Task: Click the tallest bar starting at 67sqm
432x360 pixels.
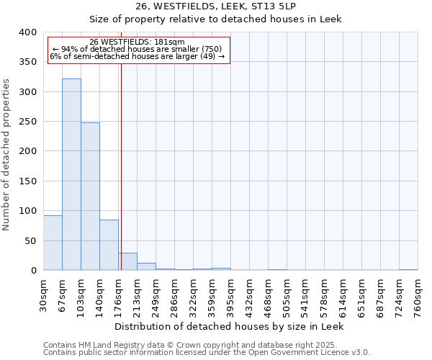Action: [x=71, y=174]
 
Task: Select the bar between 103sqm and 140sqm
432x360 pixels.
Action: [x=90, y=197]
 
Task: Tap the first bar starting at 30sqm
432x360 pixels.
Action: [x=53, y=243]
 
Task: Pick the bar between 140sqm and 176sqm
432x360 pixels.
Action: [x=109, y=245]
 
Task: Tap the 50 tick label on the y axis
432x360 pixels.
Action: [x=31, y=240]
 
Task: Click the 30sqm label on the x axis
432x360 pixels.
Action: [x=44, y=295]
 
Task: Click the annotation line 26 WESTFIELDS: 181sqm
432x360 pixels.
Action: [x=137, y=42]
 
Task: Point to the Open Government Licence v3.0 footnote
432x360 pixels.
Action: [x=207, y=353]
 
